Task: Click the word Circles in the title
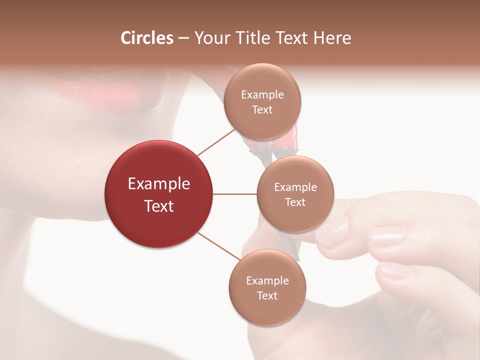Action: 146,38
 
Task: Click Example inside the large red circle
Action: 159,184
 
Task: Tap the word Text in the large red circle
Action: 159,206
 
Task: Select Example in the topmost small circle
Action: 262,95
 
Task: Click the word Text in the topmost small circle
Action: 262,110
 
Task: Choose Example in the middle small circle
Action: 295,187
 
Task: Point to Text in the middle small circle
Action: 295,202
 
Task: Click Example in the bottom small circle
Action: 267,281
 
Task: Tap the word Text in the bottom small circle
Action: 267,296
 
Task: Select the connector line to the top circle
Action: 216,142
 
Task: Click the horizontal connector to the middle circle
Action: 235,194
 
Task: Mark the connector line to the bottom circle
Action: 219,246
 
